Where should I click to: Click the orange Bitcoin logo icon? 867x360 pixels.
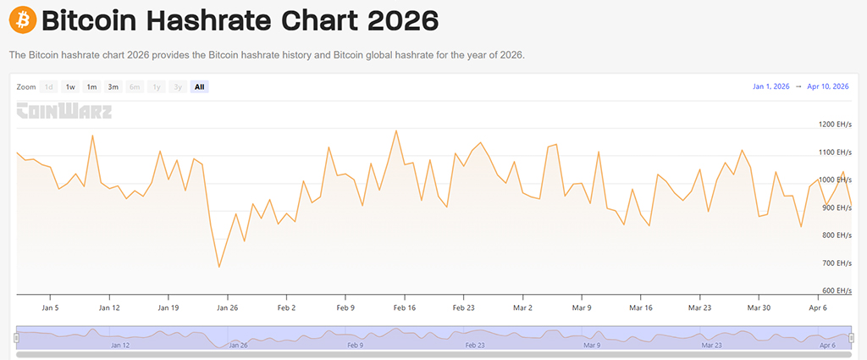(22, 19)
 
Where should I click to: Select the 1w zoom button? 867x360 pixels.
(70, 86)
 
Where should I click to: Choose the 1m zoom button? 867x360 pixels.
(91, 86)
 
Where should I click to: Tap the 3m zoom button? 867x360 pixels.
(113, 86)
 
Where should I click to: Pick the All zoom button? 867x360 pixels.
(199, 86)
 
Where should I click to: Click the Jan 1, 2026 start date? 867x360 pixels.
(770, 86)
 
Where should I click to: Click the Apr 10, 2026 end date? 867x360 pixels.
(828, 86)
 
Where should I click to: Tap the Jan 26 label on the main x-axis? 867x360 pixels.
(228, 307)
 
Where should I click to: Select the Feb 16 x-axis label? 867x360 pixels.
(405, 307)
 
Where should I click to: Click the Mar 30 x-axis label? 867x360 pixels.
(759, 307)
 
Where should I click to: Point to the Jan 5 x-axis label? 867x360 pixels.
(50, 307)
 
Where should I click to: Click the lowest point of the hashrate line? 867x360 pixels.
(219, 267)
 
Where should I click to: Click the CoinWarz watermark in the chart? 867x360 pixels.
(64, 111)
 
